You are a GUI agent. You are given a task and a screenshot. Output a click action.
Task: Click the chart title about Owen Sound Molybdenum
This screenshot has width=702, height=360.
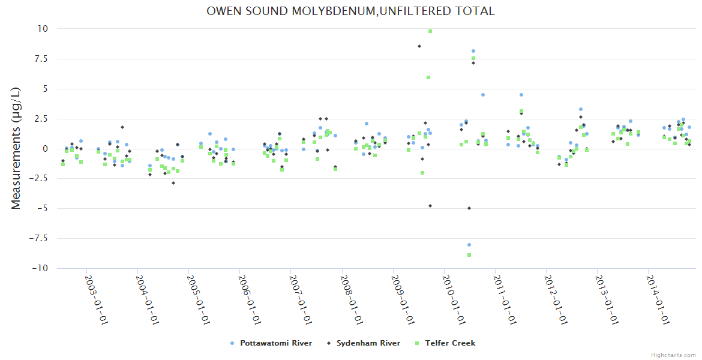(350, 11)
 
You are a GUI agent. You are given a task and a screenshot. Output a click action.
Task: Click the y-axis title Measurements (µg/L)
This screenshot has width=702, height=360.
(16, 148)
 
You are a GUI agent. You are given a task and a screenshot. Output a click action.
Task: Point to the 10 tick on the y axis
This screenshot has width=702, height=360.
(43, 29)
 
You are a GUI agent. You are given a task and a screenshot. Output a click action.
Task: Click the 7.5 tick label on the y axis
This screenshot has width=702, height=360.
(41, 59)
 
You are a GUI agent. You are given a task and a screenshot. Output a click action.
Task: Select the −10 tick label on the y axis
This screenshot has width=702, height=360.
(39, 268)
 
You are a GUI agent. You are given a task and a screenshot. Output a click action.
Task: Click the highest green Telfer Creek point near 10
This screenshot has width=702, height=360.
(430, 31)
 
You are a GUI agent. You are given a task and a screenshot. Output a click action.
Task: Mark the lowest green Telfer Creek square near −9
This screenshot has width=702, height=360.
(469, 255)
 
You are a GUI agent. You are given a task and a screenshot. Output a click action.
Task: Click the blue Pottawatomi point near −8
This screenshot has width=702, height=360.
(469, 245)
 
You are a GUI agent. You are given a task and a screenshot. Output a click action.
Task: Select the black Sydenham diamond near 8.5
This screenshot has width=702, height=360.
(419, 46)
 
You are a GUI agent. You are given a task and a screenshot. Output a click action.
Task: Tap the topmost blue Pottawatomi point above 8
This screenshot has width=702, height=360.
(473, 51)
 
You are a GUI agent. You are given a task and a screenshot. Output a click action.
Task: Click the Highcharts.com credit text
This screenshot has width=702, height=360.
(673, 355)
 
